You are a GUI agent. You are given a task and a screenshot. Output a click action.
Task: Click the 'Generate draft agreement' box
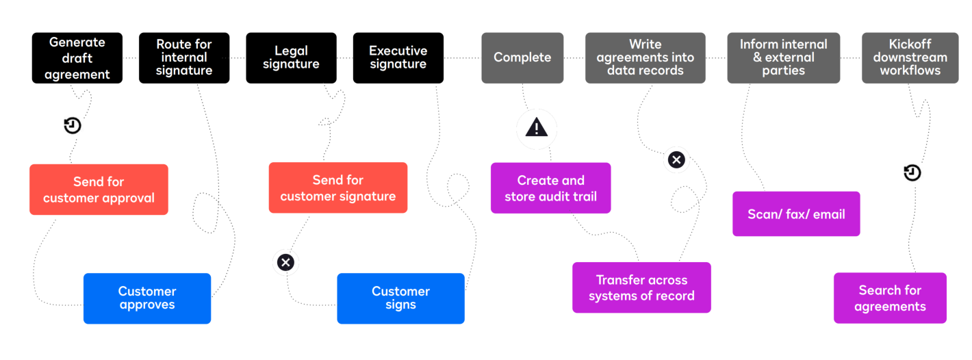(77, 57)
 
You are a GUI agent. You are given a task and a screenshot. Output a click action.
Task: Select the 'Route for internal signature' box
(184, 57)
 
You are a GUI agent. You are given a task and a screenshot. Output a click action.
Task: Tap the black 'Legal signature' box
(291, 57)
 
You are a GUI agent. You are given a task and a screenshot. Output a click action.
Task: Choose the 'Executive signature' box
(398, 57)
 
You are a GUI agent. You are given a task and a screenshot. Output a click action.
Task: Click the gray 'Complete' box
(522, 57)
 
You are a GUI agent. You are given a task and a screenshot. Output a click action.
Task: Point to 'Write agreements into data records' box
(645, 57)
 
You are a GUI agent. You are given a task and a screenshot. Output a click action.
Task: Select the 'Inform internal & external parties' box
(784, 57)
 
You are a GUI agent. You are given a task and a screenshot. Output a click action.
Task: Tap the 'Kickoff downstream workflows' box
(910, 57)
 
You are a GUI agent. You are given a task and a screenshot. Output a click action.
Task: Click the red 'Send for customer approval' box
(99, 190)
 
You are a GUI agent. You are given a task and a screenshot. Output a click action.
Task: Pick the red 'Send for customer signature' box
(338, 188)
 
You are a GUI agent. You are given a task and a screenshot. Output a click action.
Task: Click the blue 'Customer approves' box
(147, 298)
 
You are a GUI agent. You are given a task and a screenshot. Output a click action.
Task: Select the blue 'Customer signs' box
(401, 298)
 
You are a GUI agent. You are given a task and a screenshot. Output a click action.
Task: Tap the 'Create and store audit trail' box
(550, 188)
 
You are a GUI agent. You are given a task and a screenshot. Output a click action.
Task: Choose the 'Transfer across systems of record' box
(642, 287)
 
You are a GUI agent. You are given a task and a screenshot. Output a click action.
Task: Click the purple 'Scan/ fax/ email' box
(796, 214)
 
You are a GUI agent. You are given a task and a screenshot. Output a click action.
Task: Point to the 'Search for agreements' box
(890, 298)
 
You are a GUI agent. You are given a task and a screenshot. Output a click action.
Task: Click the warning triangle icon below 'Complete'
(537, 127)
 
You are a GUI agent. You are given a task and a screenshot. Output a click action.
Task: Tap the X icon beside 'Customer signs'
(285, 262)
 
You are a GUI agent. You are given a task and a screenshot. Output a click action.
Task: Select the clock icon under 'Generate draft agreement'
(73, 126)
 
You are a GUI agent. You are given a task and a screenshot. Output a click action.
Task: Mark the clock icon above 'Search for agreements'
(912, 172)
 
